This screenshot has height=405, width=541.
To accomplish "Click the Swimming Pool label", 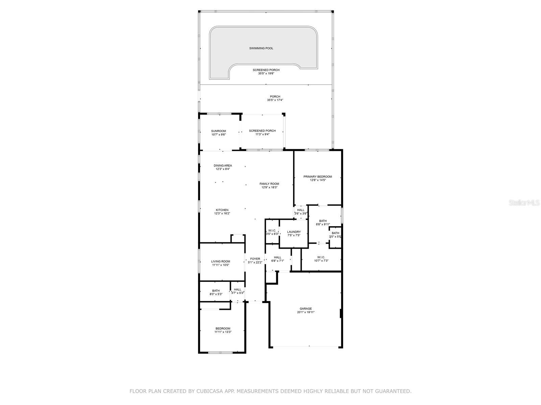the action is coord(261,48).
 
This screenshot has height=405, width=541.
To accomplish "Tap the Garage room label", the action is coord(306,308).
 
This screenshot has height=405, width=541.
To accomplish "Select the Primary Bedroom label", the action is coord(317,177).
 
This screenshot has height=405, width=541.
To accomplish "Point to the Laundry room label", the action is coord(294,232).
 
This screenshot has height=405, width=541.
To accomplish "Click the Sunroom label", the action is coord(218,131).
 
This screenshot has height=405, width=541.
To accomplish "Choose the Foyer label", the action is coord(255,259).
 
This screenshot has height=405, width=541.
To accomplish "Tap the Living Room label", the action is coord(220,261).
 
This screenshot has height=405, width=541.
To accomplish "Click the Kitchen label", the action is coord(222,210).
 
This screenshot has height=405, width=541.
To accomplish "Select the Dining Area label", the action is coord(223,165).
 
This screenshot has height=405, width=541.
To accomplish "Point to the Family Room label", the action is coord(269,184).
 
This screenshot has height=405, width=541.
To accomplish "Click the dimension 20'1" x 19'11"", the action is coord(306,312).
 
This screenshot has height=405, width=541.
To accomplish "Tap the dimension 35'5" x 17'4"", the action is coord(275,100).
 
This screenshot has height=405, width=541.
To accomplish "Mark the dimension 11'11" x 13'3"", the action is coord(223,332).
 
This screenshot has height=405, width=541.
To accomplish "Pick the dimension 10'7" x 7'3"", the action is coord(321,261).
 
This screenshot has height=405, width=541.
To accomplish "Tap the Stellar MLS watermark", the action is coord(524,202).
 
